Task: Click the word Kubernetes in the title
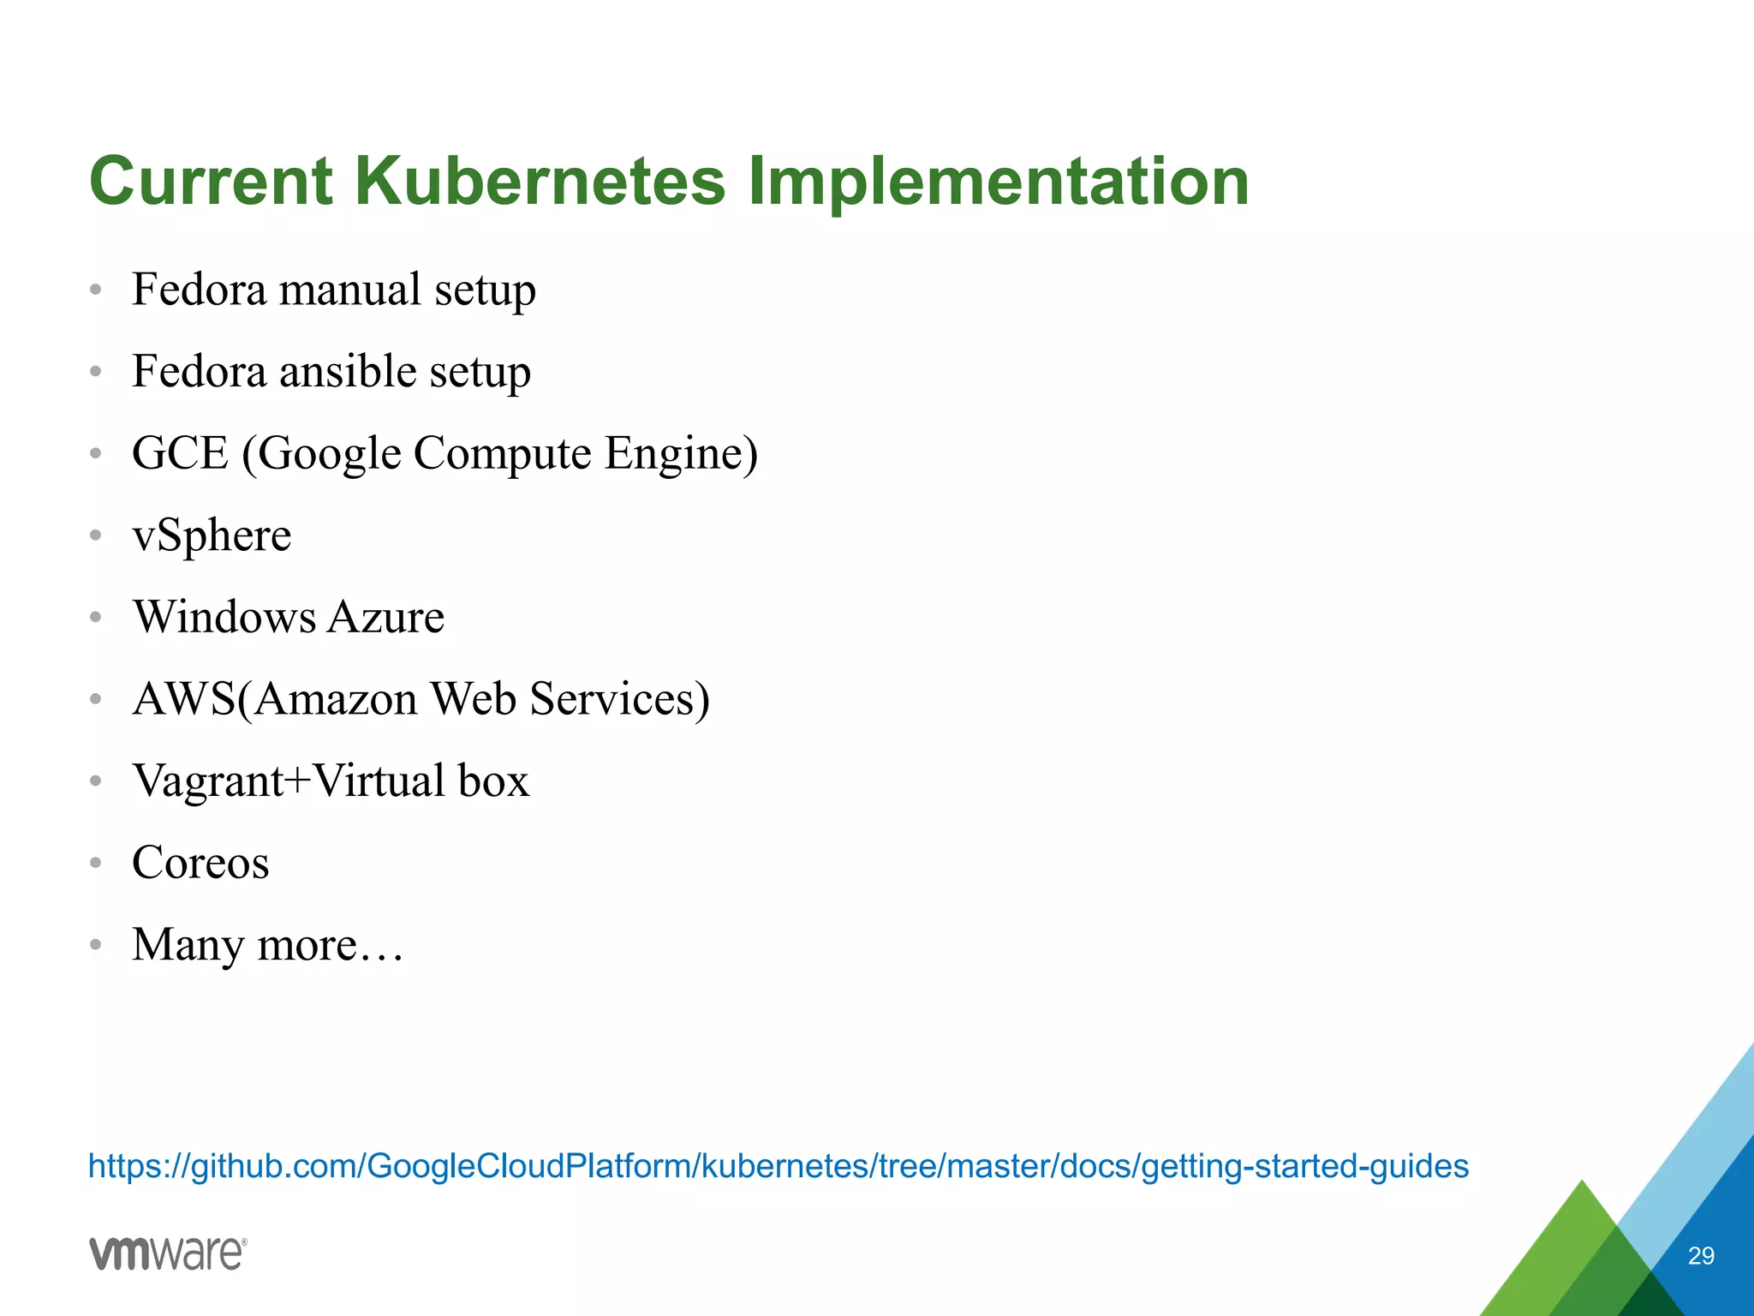coord(540,182)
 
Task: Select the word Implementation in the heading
coord(998,182)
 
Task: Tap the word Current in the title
coord(211,182)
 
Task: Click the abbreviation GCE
coord(180,453)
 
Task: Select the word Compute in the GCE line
coord(502,453)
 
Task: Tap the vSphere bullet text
coord(212,536)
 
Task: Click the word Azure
coord(385,617)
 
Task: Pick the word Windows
coord(224,617)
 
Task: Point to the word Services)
coord(619,699)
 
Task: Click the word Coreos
coord(200,863)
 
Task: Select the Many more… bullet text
coord(267,945)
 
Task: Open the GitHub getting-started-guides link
coord(778,1166)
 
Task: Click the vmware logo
coord(168,1253)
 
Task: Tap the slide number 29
coord(1700,1256)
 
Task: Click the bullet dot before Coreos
coord(96,863)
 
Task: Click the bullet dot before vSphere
coord(96,535)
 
